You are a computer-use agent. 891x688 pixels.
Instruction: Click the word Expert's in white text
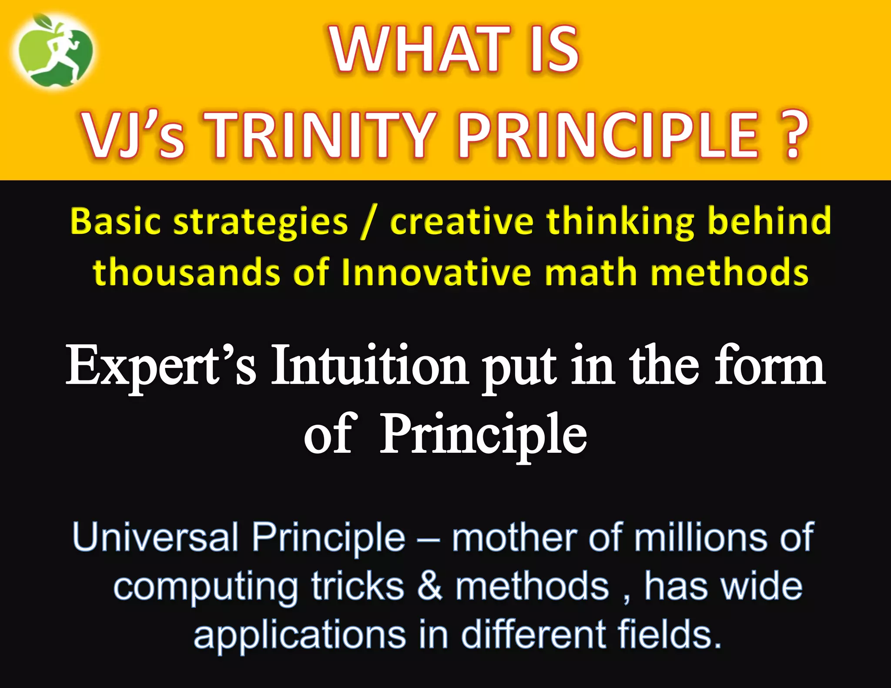click(161, 367)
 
